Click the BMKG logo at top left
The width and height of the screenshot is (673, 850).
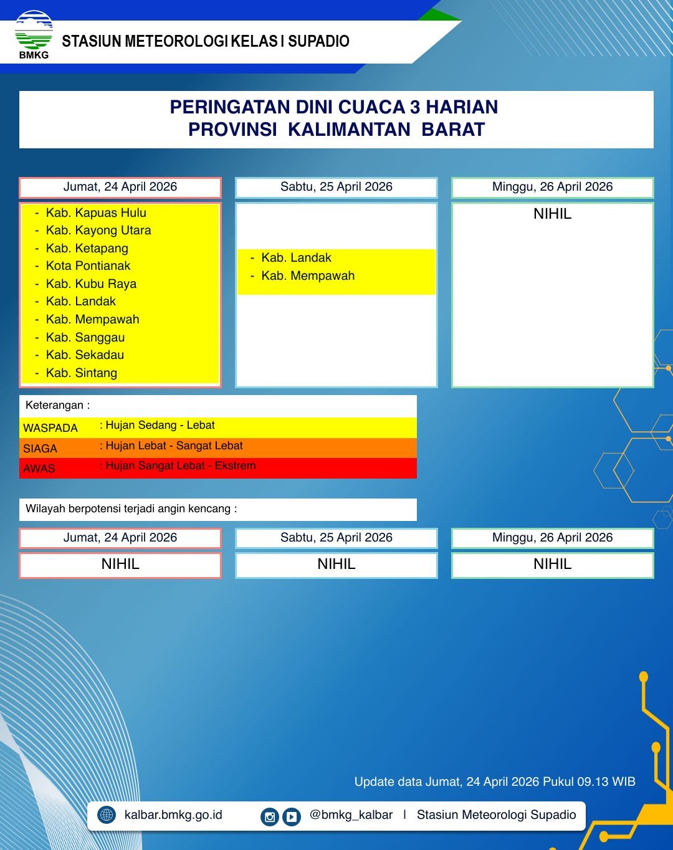coord(34,35)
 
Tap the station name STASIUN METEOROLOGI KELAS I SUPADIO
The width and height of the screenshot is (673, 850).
coord(206,42)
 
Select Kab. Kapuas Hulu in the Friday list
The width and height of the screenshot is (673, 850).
coord(96,212)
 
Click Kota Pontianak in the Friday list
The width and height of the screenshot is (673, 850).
coord(88,265)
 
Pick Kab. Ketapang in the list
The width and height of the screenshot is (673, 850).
coord(87,248)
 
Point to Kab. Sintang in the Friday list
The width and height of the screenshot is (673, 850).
coord(81,373)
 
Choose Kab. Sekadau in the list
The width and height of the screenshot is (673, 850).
coord(85,355)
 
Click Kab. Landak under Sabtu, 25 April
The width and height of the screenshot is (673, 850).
coord(296,257)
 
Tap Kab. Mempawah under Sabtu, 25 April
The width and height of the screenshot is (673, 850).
coord(308,275)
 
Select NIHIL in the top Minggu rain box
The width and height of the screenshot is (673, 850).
coord(552,214)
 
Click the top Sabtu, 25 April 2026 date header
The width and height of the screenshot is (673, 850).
coord(336,187)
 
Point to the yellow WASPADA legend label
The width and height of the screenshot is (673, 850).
coord(50,428)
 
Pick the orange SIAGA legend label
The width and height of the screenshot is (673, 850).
coord(40,449)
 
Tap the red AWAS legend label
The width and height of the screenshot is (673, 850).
coord(39,469)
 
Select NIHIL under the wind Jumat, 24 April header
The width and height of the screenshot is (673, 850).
coord(120,565)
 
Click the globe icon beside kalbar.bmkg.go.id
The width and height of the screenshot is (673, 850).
coord(107,815)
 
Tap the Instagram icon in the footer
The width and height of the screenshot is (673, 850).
coord(270,816)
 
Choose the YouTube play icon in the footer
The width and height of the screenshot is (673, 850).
coord(292,816)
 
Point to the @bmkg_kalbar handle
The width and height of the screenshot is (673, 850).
coord(351,815)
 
